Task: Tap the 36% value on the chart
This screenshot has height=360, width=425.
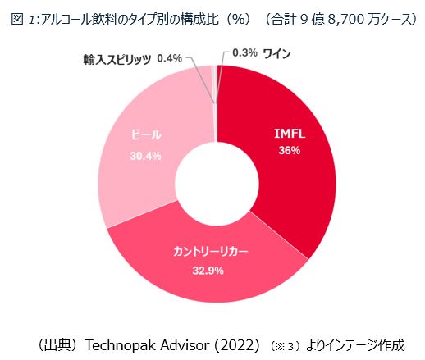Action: (x=288, y=151)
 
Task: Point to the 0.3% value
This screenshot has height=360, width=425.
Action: (x=245, y=53)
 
